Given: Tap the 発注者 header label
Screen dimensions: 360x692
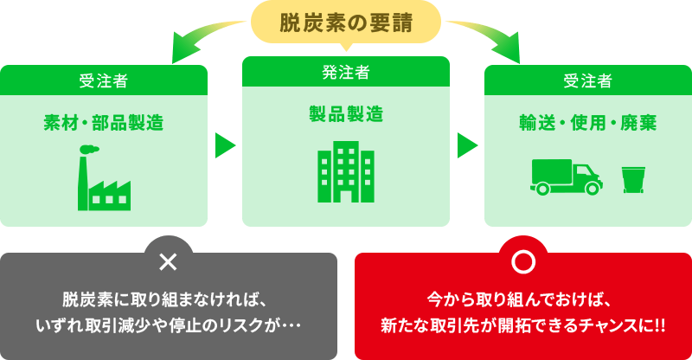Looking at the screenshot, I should tap(345, 72).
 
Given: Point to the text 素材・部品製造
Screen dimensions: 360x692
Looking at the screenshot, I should tap(104, 123).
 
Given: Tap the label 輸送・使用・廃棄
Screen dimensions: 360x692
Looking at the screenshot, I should tap(588, 123).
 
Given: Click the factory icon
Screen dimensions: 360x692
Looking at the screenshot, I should tap(103, 179).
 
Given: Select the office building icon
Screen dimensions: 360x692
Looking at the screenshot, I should tap(345, 170).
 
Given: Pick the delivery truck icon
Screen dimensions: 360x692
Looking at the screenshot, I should tap(566, 177).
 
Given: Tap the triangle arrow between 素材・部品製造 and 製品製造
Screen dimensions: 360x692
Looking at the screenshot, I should tap(226, 145).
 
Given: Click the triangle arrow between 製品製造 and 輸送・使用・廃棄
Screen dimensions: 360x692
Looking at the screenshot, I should tap(467, 145).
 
